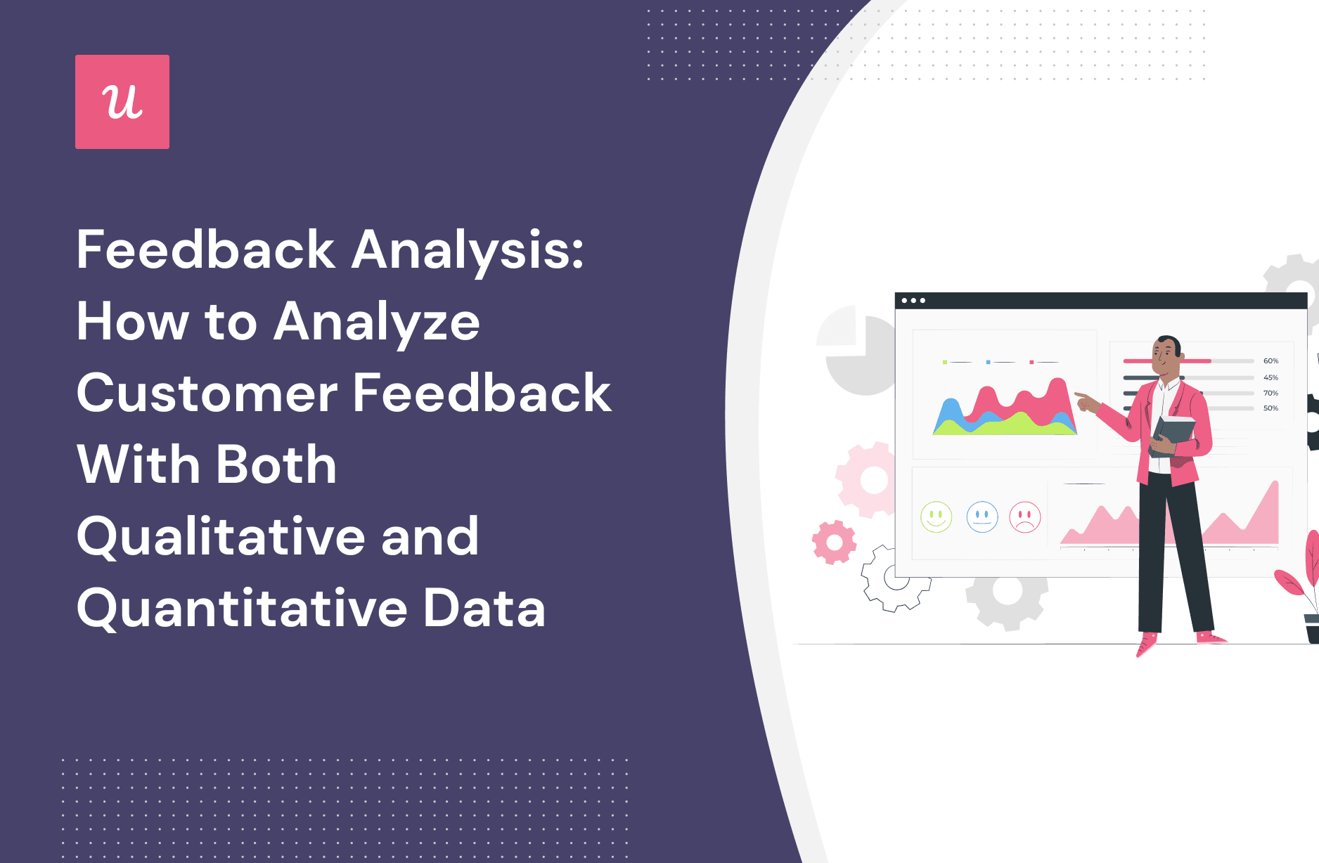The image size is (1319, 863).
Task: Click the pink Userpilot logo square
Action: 122,102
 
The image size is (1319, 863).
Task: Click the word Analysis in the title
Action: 467,251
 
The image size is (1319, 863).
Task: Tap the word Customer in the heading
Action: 207,394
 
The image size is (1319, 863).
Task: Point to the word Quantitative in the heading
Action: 241,609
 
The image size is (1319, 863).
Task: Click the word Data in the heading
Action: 484,609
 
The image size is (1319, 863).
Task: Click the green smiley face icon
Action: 936,517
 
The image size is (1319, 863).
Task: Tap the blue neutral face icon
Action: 982,517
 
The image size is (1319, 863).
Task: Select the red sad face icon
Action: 1024,517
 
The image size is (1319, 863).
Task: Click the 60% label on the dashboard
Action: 1270,361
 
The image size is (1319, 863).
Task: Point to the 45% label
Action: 1270,377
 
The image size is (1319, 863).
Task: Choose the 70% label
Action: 1270,393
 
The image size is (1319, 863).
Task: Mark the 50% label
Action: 1270,408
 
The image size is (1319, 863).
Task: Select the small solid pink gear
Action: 834,542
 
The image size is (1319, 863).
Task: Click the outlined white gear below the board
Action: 895,578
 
